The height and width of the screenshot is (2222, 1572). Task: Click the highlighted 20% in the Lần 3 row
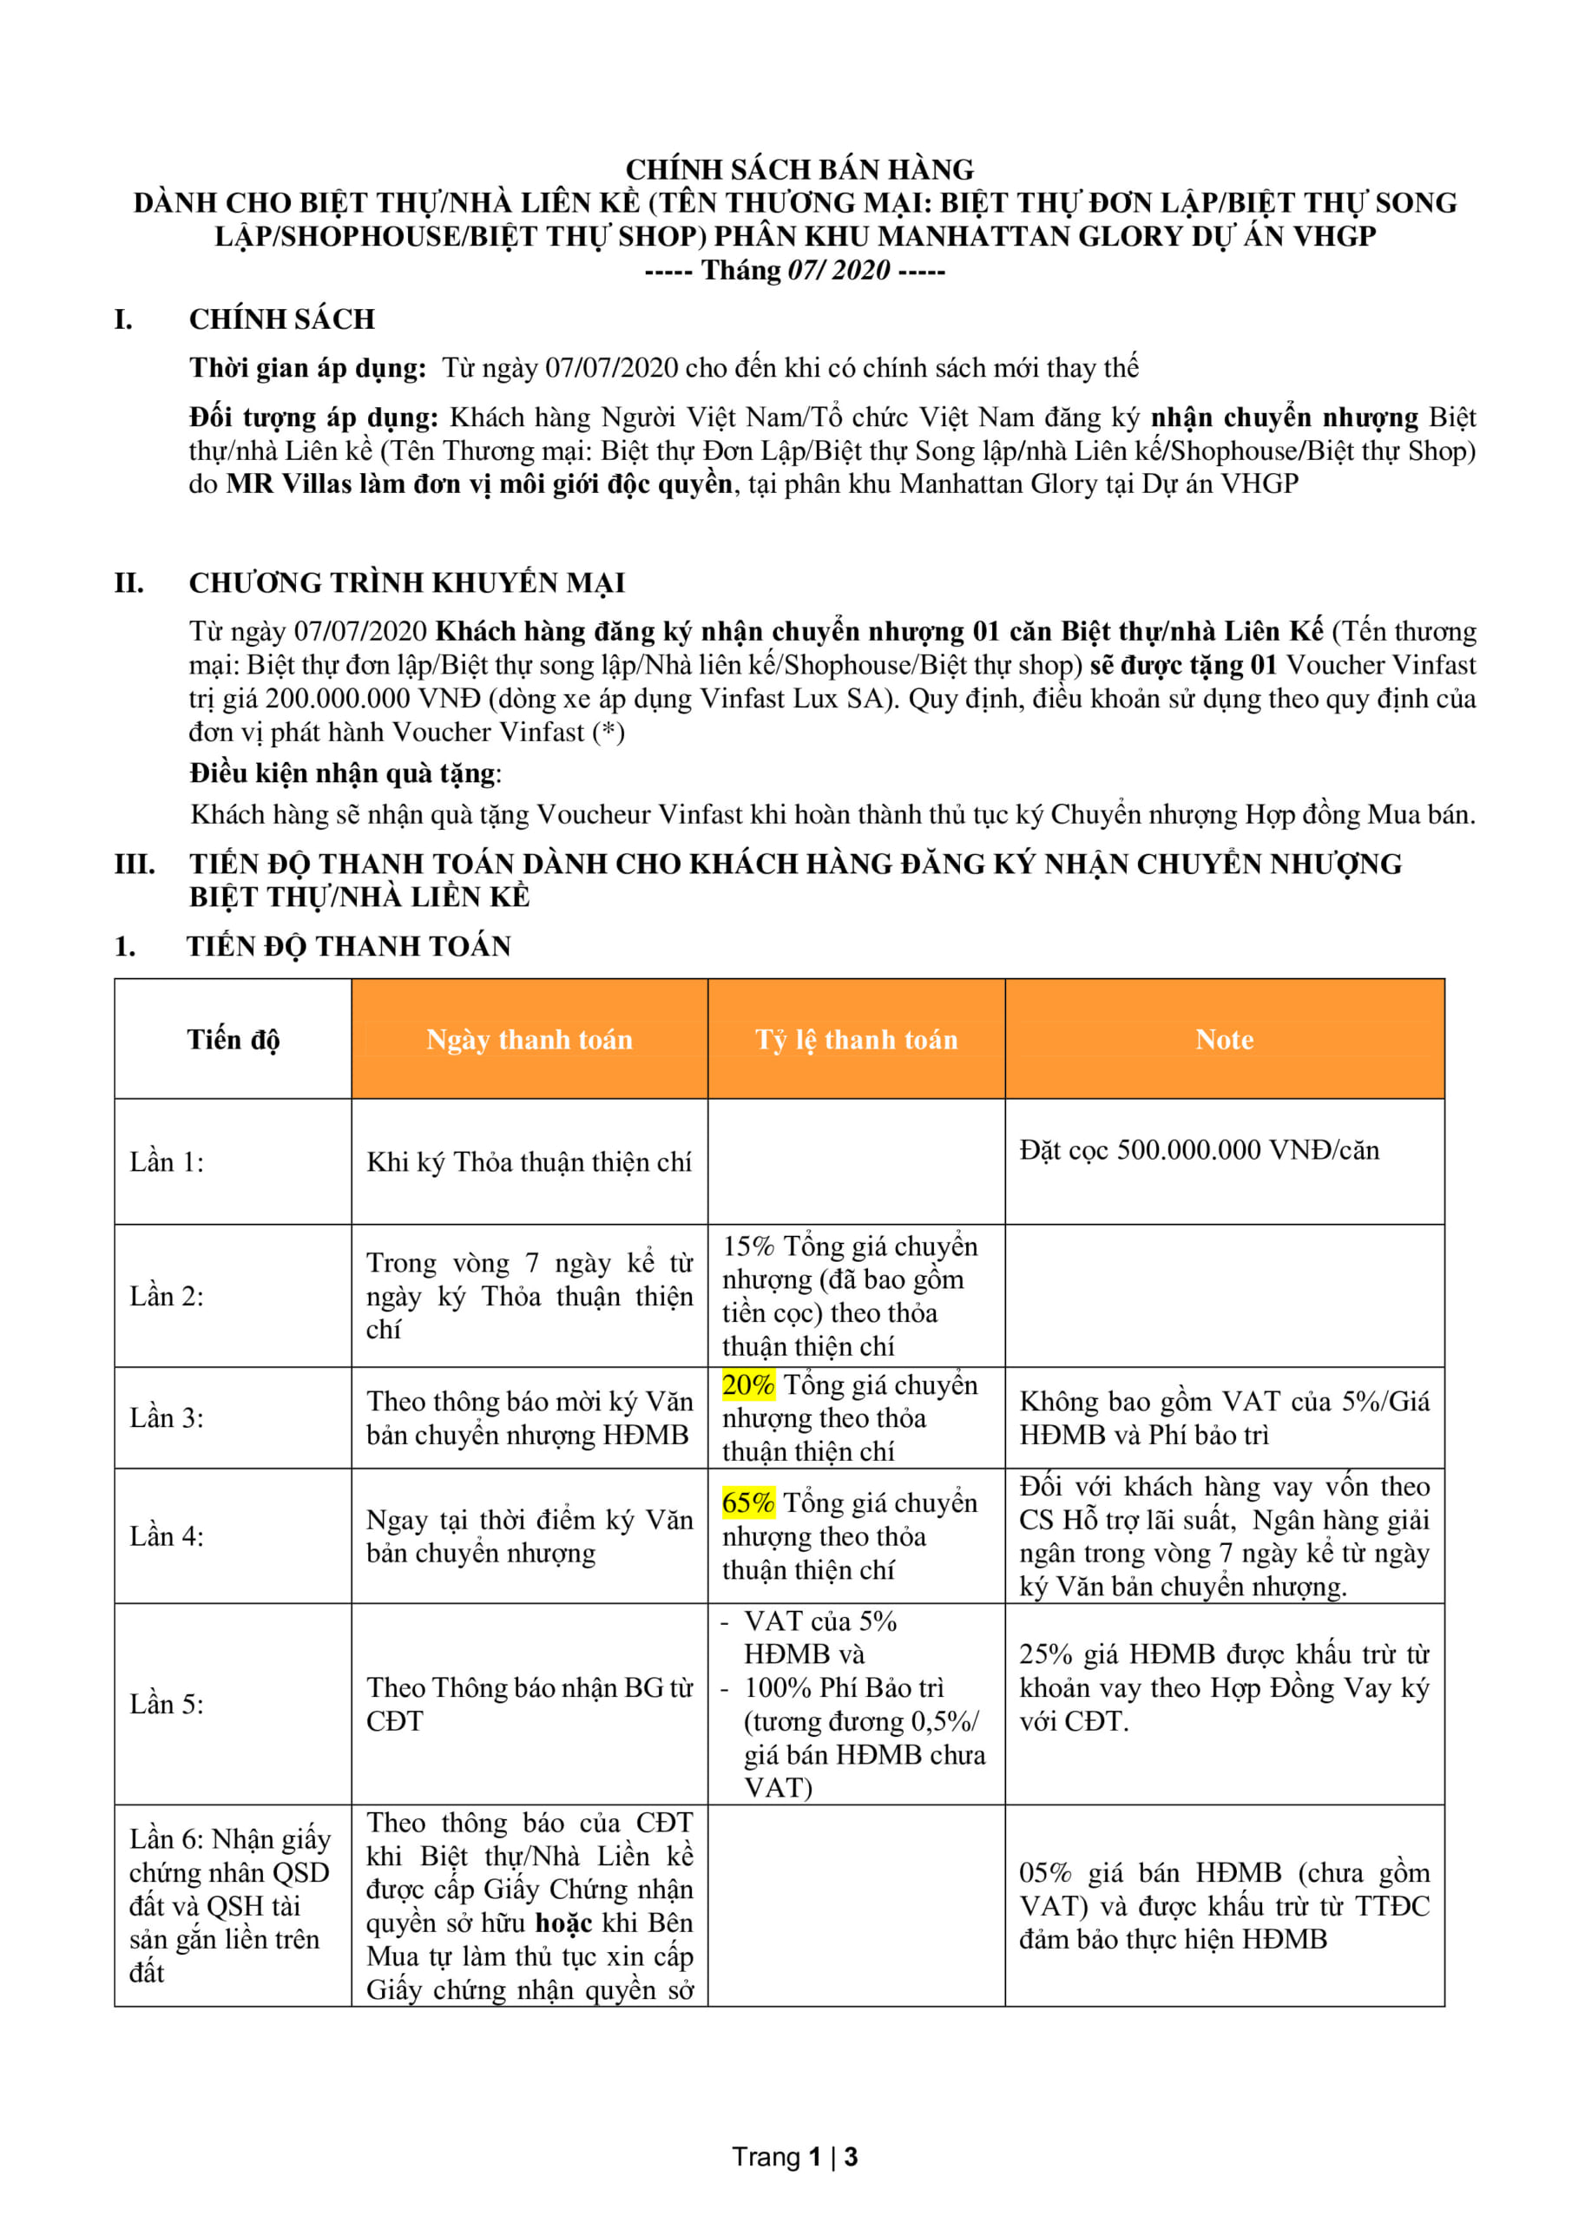(x=747, y=1385)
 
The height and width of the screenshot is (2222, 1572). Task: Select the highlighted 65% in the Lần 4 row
(x=747, y=1503)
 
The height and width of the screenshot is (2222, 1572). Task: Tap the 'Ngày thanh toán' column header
(x=529, y=1039)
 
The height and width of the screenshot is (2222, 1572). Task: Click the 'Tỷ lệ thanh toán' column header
(x=856, y=1039)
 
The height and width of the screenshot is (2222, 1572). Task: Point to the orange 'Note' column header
(x=1224, y=1039)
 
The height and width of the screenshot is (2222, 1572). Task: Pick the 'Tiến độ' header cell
(x=233, y=1039)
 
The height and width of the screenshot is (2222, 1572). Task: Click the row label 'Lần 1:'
(x=167, y=1161)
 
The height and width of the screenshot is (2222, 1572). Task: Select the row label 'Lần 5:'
(x=167, y=1731)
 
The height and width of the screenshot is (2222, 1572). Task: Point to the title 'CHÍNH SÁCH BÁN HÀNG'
(x=799, y=169)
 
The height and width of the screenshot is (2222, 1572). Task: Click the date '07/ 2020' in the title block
(x=839, y=270)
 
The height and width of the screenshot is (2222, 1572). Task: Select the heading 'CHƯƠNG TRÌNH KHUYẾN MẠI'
(x=406, y=582)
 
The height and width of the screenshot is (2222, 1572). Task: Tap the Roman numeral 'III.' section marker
(x=135, y=864)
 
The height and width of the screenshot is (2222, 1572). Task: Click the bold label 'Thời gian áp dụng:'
(x=307, y=368)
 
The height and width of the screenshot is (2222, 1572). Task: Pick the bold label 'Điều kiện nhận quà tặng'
(x=343, y=773)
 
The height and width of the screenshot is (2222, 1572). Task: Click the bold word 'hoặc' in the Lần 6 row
(x=563, y=1923)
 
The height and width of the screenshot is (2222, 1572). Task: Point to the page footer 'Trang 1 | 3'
(x=795, y=2157)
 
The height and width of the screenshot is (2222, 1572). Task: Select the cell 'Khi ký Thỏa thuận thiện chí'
(x=529, y=1161)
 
